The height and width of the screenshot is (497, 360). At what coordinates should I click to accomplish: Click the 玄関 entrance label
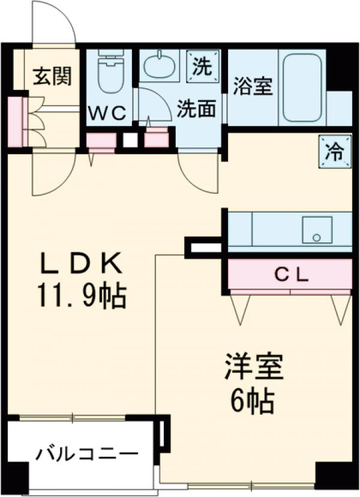pyautogui.click(x=52, y=76)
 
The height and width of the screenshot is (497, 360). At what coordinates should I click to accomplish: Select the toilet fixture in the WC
pyautogui.click(x=110, y=72)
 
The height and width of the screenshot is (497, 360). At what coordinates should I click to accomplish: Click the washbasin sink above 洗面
pyautogui.click(x=159, y=66)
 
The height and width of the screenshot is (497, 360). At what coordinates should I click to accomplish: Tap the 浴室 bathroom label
pyautogui.click(x=253, y=86)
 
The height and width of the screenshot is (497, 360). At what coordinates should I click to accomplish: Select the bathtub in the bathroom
pyautogui.click(x=304, y=89)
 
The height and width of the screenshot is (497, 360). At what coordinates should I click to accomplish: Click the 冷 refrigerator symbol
pyautogui.click(x=335, y=151)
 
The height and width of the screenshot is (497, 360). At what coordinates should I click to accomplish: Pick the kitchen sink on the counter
pyautogui.click(x=317, y=230)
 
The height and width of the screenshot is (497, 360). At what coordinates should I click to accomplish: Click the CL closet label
pyautogui.click(x=291, y=275)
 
